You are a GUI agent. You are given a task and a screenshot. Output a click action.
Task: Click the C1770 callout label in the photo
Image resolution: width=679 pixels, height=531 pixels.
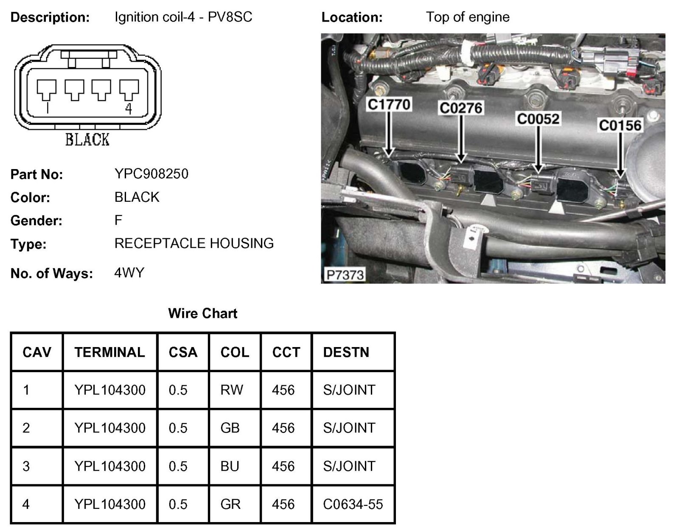[389, 105]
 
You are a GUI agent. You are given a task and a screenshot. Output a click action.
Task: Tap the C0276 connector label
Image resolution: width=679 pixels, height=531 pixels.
[461, 108]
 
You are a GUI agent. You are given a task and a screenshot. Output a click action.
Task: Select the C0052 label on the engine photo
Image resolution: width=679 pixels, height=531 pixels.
[538, 119]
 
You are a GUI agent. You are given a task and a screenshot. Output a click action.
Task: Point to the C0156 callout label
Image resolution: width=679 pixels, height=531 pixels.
[620, 125]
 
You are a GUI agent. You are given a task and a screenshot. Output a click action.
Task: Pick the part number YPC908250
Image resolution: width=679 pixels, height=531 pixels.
[151, 174]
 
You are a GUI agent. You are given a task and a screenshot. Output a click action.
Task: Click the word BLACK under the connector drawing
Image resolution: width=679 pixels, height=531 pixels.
[87, 139]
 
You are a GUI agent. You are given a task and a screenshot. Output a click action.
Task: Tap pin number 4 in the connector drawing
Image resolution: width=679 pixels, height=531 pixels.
[129, 109]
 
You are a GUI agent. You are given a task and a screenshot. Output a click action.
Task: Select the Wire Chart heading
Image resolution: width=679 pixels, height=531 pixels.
[202, 314]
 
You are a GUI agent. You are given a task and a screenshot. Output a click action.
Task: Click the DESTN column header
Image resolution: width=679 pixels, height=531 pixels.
[346, 352]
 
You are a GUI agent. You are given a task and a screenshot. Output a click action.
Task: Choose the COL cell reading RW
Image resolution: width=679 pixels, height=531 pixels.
[232, 390]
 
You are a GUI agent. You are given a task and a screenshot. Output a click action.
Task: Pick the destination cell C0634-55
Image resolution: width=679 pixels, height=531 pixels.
[353, 504]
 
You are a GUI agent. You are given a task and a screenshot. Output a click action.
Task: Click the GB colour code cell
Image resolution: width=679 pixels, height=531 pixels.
[230, 428]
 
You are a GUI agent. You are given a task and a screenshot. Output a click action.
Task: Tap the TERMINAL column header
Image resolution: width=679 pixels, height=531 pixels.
[109, 352]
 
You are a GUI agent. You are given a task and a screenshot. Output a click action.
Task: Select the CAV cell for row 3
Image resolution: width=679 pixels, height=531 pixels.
[26, 466]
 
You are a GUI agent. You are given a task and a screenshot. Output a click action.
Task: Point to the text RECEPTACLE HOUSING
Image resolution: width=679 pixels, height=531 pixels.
[194, 243]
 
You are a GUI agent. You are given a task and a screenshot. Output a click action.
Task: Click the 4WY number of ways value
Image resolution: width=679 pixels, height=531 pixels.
[129, 272]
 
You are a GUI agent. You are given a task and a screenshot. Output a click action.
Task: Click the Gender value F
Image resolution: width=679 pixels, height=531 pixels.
[118, 220]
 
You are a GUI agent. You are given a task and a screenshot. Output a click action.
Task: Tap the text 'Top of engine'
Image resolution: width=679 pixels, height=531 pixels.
[468, 17]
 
